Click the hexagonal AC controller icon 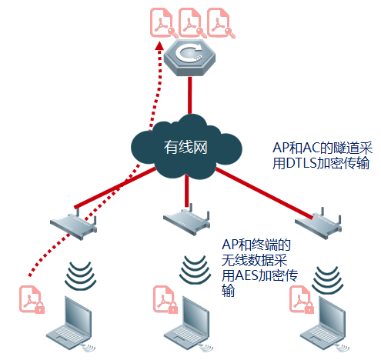(189, 58)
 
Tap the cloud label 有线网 (185, 147)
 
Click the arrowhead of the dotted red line (159, 46)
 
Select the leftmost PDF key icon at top (164, 23)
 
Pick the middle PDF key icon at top (192, 23)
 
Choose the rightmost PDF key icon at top (221, 23)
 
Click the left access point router (74, 225)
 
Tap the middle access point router (187, 220)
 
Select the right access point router (318, 224)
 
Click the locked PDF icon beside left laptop (32, 299)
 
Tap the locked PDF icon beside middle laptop (165, 299)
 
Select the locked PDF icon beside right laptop (302, 299)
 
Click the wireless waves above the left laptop (81, 275)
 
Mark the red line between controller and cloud (189, 95)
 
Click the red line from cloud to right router (264, 194)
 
